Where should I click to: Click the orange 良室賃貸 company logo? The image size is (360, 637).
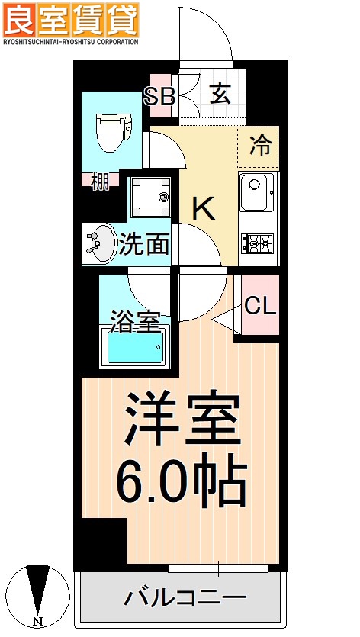[x=71, y=20]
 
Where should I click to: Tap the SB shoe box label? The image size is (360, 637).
[x=160, y=96]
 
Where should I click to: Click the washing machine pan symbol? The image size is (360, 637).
[x=149, y=196]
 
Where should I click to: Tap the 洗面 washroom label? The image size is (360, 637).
[x=144, y=244]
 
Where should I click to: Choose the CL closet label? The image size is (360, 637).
[x=260, y=306]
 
